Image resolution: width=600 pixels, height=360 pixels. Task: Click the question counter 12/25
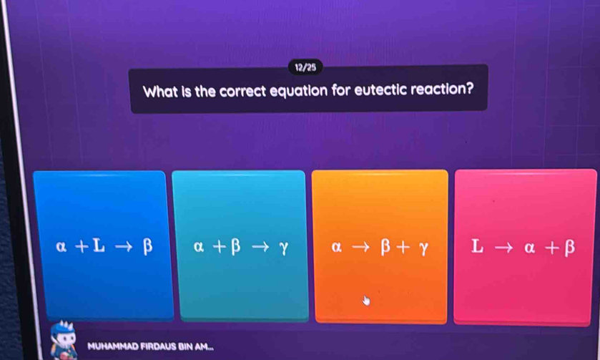tap(305, 67)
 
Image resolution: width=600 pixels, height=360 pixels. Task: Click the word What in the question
tap(162, 92)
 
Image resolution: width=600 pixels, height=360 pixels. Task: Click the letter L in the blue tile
tap(99, 247)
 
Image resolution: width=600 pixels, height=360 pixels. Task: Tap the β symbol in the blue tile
tap(147, 247)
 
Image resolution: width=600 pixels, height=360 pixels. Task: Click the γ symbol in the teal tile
tap(284, 248)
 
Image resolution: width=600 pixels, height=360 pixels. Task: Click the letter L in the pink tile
tap(478, 247)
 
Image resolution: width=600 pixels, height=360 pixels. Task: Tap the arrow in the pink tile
tap(503, 248)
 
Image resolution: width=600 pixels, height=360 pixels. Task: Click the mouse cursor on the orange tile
tap(367, 300)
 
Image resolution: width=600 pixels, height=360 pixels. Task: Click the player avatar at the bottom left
tap(64, 342)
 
